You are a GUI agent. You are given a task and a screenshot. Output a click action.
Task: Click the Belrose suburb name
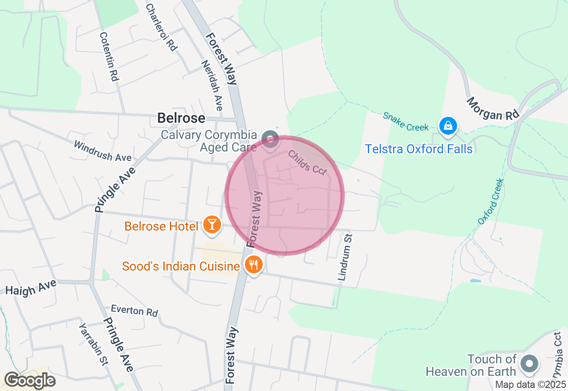pos(181,118)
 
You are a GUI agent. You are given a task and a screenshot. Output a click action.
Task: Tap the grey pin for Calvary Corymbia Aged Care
pos(270,139)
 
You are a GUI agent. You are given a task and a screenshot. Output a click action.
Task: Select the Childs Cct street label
pos(307,163)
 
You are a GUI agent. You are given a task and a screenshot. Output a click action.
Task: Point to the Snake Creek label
pos(406,121)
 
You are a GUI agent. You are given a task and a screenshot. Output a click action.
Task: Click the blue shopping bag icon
pos(449,126)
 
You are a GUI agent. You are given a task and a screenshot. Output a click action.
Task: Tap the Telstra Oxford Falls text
pos(418,149)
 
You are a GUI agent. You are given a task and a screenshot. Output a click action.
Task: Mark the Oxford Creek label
pos(491,201)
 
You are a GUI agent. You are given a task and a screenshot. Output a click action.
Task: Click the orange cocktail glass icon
pos(212,225)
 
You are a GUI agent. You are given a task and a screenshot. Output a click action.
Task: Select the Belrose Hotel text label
pos(161,226)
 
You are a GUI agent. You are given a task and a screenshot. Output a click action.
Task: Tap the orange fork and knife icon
pos(253,265)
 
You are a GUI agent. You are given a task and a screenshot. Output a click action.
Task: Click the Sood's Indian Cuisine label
pos(181,266)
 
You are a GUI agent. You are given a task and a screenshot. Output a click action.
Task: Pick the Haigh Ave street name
pos(31,287)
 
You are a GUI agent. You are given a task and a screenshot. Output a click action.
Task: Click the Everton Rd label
pos(134,311)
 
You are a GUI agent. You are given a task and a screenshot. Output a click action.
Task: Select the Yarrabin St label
pos(93,344)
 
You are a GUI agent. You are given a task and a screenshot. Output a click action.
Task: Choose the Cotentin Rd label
pos(109,56)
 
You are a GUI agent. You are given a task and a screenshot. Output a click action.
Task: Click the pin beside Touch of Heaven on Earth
pos(529,364)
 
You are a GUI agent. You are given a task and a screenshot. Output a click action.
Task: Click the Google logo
pos(30,380)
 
